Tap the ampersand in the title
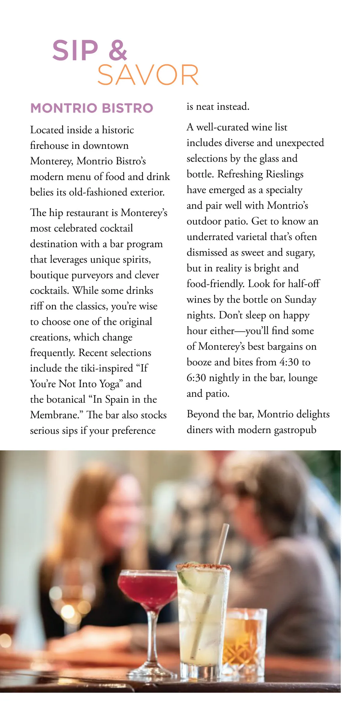tap(118, 50)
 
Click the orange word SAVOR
tap(148, 75)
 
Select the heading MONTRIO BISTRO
tap(92, 108)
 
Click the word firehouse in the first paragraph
tap(49, 145)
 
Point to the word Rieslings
tap(284, 174)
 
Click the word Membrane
tap(57, 415)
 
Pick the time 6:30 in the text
tap(196, 378)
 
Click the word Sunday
tap(300, 299)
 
